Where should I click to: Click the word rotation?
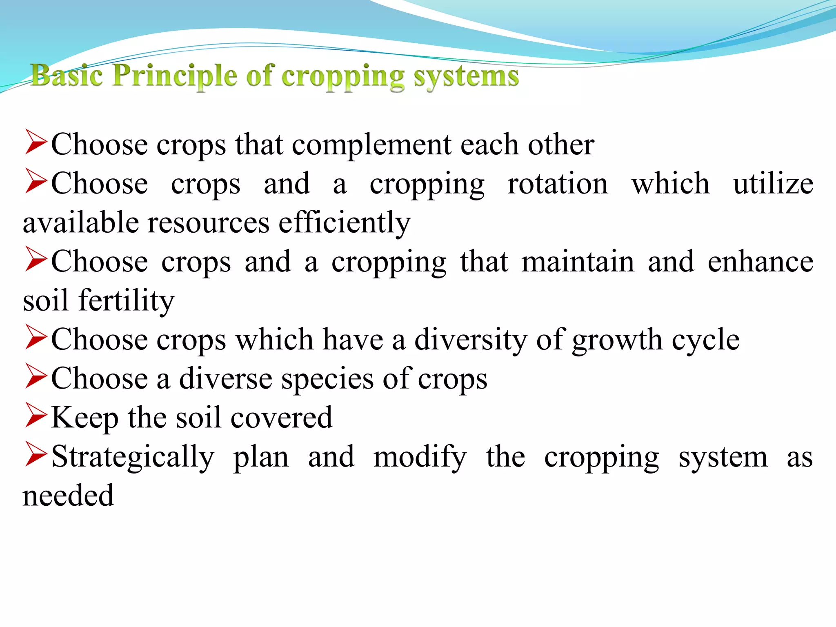[x=557, y=184]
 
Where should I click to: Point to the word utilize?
[x=773, y=184]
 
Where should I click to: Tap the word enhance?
[x=760, y=262]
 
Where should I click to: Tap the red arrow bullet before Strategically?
[x=36, y=454]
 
